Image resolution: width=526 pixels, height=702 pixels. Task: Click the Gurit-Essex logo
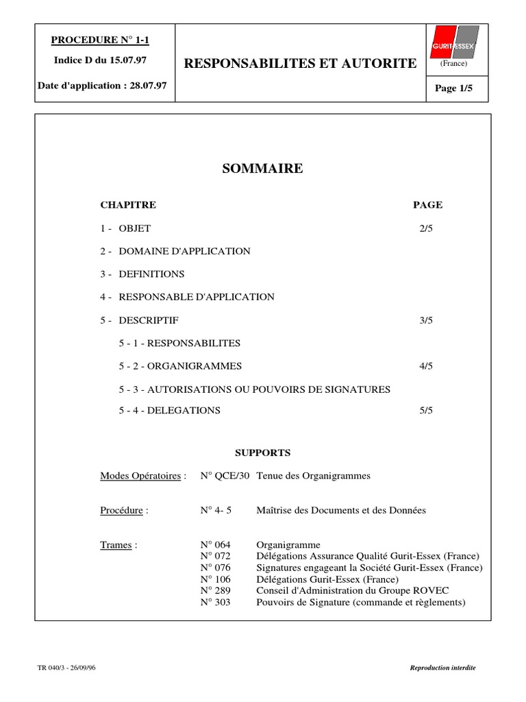(x=453, y=43)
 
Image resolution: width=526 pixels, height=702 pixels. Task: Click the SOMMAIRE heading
(x=262, y=169)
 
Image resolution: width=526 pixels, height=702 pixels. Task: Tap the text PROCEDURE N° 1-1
(x=99, y=40)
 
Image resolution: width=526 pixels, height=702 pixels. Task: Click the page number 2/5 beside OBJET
(x=427, y=228)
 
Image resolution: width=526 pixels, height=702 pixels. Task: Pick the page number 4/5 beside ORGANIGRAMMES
(x=427, y=366)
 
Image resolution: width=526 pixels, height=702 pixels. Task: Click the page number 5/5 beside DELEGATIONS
(x=427, y=411)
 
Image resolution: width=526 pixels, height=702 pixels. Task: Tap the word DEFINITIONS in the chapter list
(x=151, y=274)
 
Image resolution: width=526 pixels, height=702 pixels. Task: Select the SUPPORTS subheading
(x=263, y=453)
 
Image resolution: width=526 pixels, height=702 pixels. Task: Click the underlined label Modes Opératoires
(x=140, y=476)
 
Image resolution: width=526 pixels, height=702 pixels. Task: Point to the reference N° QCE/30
(x=225, y=476)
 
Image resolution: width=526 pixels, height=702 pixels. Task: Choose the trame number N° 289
(x=216, y=591)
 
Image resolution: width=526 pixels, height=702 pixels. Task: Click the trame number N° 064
(x=216, y=545)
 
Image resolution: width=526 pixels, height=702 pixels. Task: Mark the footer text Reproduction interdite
(x=442, y=668)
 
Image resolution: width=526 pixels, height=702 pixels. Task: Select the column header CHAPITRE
(x=128, y=205)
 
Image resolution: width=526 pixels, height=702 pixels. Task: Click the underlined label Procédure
(x=122, y=511)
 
